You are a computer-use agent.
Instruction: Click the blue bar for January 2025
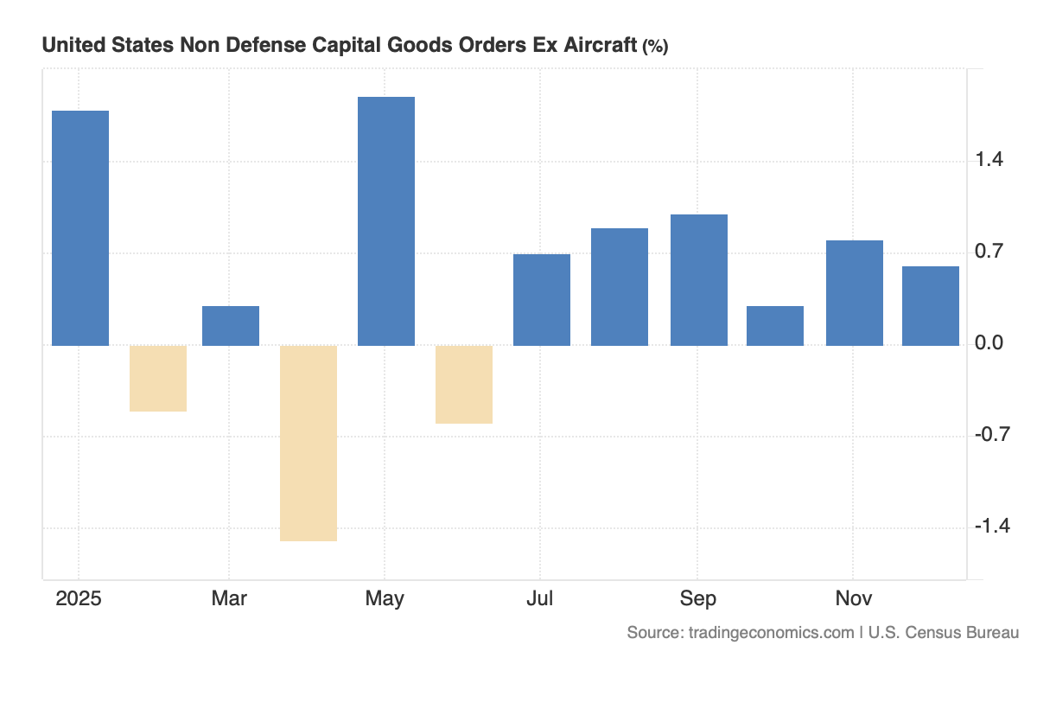pyautogui.click(x=80, y=228)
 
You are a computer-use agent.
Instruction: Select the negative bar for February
pyautogui.click(x=158, y=378)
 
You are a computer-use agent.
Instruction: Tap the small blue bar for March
pyautogui.click(x=231, y=326)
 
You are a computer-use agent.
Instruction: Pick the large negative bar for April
pyautogui.click(x=309, y=443)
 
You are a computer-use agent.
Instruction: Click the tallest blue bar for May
pyautogui.click(x=386, y=221)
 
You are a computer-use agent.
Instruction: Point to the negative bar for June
pyautogui.click(x=464, y=384)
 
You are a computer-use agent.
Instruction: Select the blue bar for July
pyautogui.click(x=542, y=300)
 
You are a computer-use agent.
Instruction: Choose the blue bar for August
pyautogui.click(x=620, y=287)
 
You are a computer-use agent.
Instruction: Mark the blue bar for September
pyautogui.click(x=698, y=280)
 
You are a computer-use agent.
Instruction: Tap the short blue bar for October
pyautogui.click(x=775, y=326)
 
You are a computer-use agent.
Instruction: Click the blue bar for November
pyautogui.click(x=854, y=293)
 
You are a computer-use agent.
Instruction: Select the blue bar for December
pyautogui.click(x=931, y=306)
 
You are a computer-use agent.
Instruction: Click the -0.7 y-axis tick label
pyautogui.click(x=991, y=435)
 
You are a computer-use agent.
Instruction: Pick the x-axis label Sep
pyautogui.click(x=697, y=598)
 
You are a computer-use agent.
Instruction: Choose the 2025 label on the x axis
pyautogui.click(x=79, y=598)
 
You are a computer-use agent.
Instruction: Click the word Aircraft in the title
pyautogui.click(x=596, y=46)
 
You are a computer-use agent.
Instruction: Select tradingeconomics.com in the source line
pyautogui.click(x=771, y=633)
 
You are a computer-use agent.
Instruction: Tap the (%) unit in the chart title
pyautogui.click(x=654, y=48)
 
